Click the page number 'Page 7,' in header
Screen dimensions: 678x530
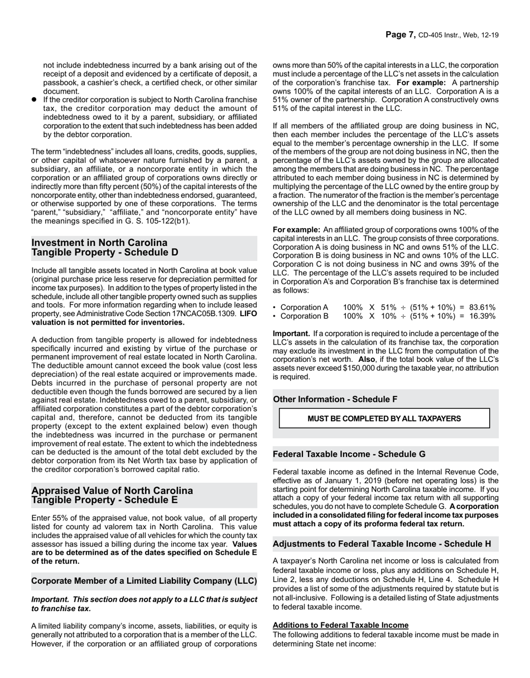401,35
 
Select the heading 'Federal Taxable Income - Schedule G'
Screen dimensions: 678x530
349,454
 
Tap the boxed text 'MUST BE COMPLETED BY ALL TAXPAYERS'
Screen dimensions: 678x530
384,418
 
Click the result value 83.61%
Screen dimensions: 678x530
483,307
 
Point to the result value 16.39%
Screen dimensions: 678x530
483,316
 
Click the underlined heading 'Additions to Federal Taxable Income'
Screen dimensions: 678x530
340,626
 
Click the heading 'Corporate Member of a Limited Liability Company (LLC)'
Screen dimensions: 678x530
144,581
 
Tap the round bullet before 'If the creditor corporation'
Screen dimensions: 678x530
34,100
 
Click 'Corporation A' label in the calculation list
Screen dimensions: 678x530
304,307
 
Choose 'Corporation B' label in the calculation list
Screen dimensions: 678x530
304,316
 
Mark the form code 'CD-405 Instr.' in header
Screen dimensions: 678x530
441,35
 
